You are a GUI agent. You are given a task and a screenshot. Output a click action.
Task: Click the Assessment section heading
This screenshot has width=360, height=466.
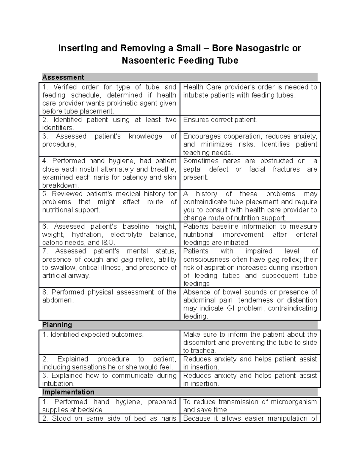point(63,77)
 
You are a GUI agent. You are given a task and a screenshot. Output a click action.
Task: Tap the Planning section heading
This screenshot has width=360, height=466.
point(57,325)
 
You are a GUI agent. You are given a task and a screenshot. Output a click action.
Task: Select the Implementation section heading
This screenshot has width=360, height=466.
point(68,392)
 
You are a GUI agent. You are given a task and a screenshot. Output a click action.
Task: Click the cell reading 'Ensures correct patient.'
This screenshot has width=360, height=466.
point(220,120)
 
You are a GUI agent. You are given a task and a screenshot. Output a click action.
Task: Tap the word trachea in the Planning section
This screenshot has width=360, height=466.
point(203,351)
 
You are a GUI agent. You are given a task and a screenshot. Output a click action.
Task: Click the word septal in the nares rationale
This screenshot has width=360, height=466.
point(192,169)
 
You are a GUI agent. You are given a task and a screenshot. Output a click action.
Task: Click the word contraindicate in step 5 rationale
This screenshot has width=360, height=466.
point(205,202)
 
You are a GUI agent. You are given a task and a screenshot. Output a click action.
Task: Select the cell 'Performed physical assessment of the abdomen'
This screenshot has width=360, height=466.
point(109,296)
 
